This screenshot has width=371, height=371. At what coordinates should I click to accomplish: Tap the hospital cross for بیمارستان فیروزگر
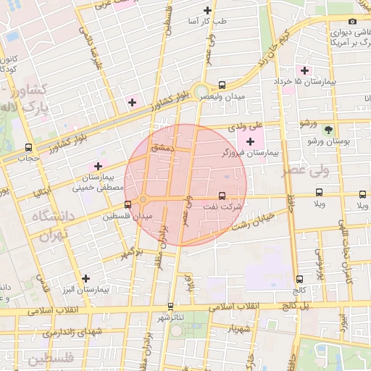coord(251,141)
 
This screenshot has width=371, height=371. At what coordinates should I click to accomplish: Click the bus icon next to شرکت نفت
coord(222,195)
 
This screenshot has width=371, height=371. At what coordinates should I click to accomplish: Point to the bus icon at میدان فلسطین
coord(128,204)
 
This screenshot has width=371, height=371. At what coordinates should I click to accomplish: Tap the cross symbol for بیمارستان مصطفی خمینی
coord(98,166)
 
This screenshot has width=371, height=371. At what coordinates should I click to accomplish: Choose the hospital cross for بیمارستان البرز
coord(86,278)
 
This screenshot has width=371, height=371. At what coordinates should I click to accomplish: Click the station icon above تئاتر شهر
coord(170,307)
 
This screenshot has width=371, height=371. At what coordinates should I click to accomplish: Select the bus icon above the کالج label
coord(299,279)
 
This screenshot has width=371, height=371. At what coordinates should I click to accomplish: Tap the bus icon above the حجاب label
coord(28,146)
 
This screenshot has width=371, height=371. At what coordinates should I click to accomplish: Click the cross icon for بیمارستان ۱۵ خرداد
coord(305,70)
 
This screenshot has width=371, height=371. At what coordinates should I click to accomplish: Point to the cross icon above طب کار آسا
coord(208,10)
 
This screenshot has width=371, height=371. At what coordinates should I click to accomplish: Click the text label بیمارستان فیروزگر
coord(243,154)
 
